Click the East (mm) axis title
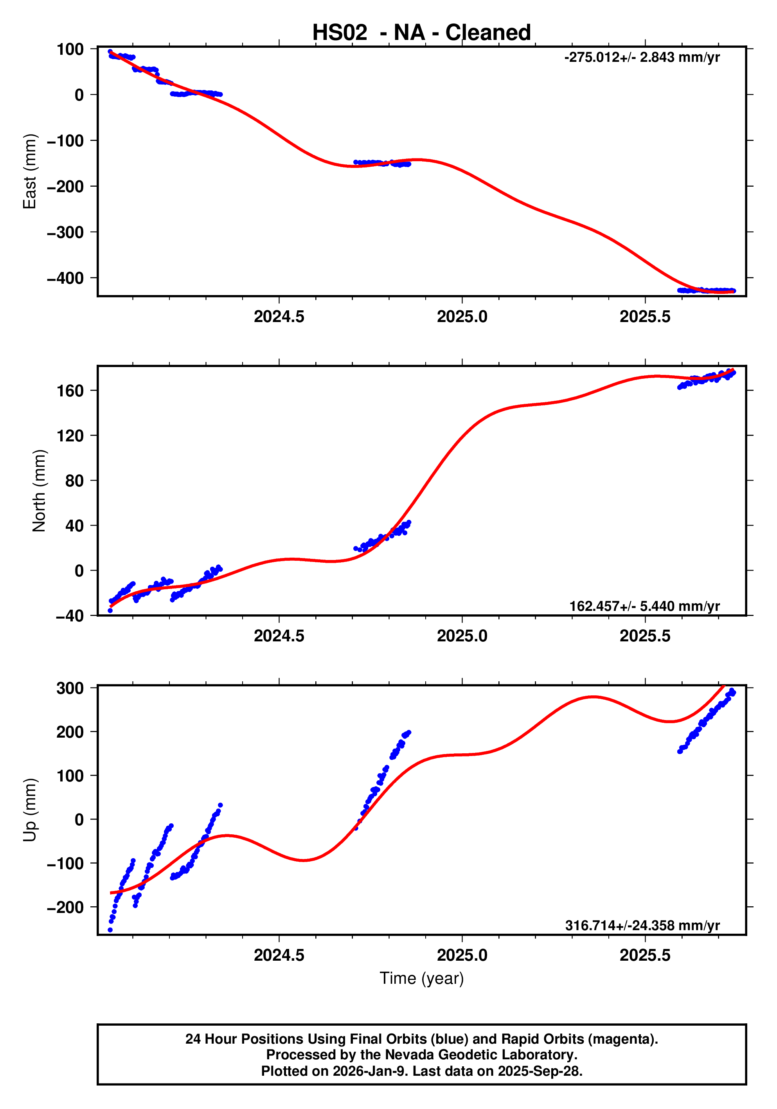tap(30, 171)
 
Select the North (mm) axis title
tap(39, 491)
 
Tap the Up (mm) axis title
tap(30, 810)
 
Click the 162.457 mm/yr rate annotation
tap(644, 606)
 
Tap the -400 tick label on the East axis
tap(65, 278)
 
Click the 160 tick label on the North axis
tap(70, 391)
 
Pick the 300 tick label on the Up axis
tap(70, 688)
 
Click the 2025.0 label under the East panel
tap(462, 317)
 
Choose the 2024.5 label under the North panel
tap(279, 636)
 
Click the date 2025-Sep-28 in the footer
tap(540, 1071)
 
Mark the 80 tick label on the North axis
tap(75, 481)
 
